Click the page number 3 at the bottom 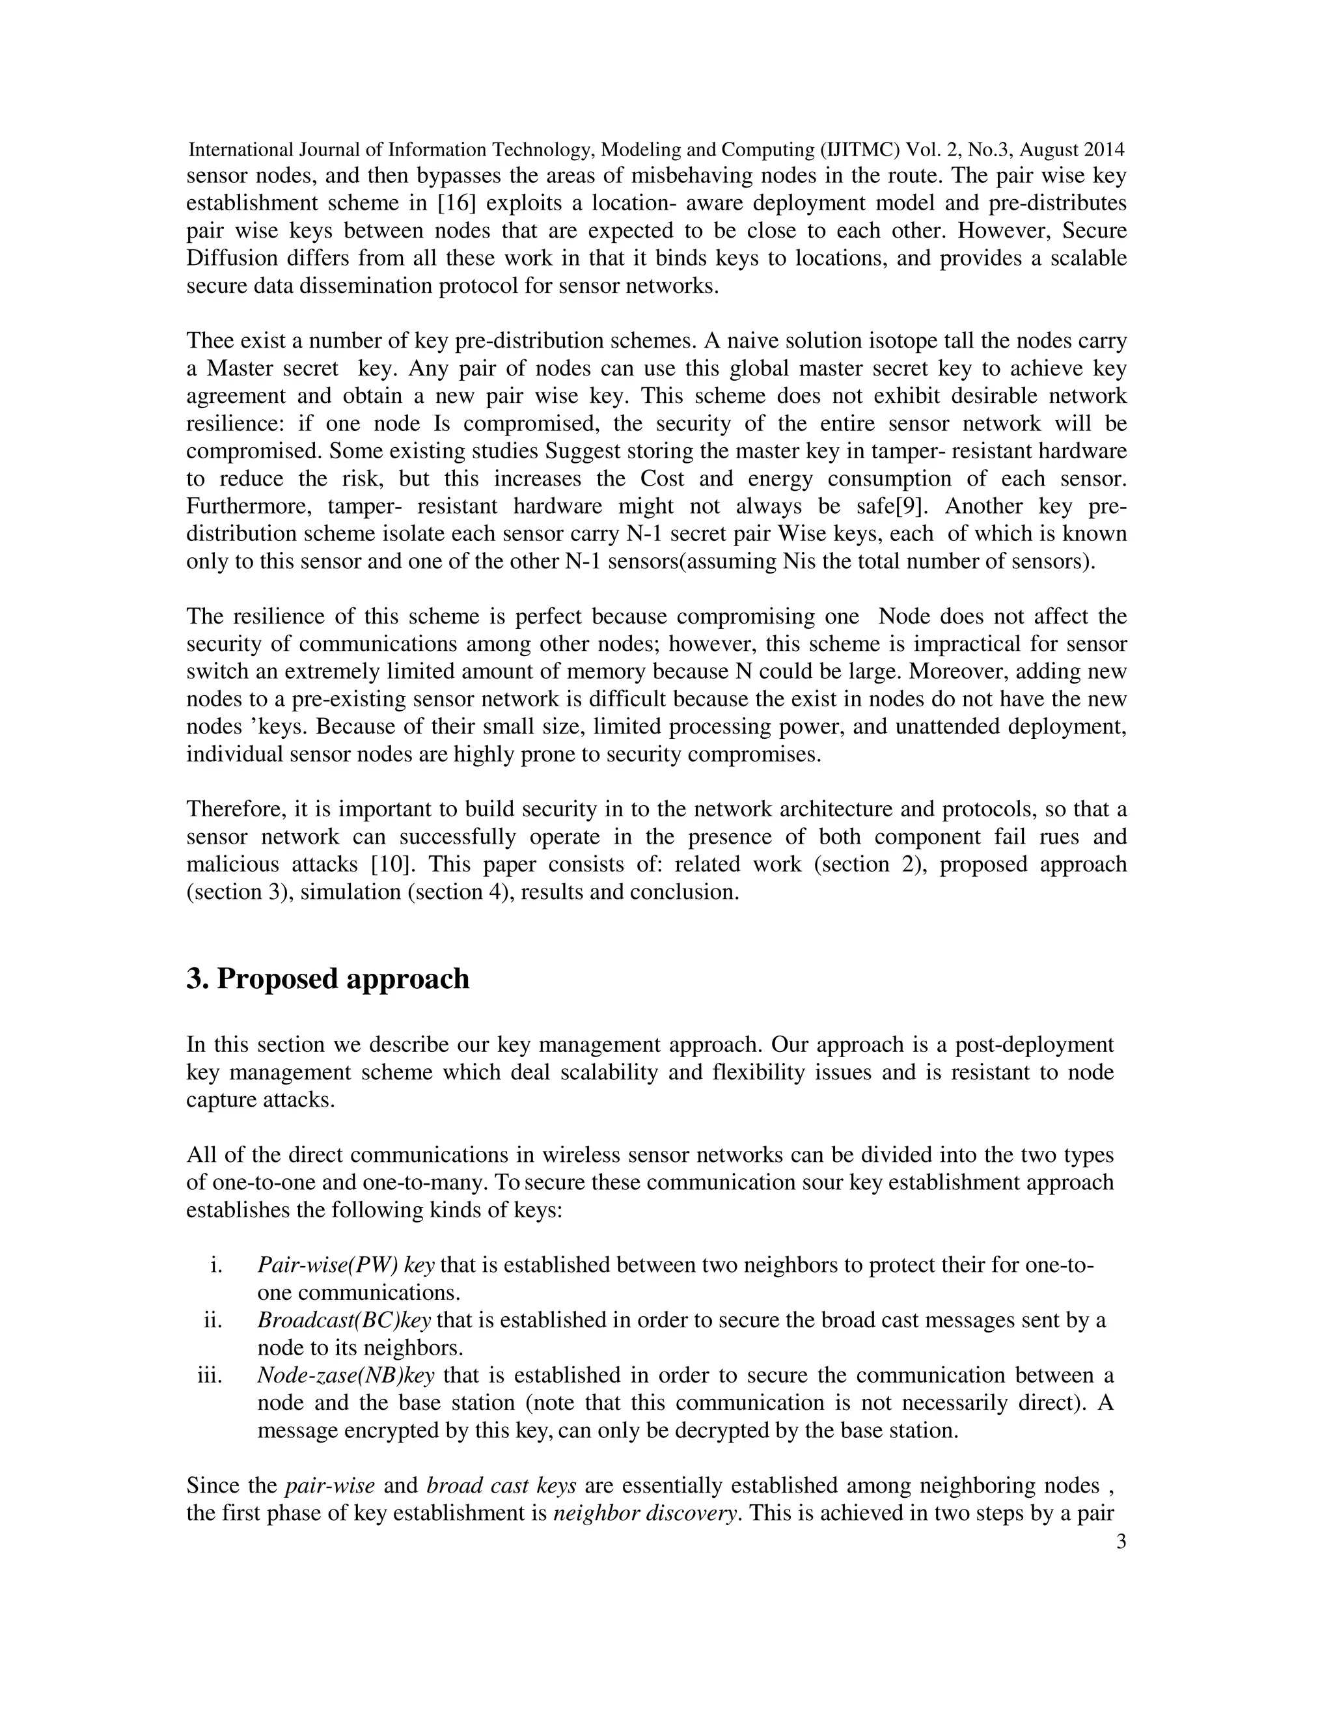click(x=1121, y=1541)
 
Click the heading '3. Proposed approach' click(x=328, y=978)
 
